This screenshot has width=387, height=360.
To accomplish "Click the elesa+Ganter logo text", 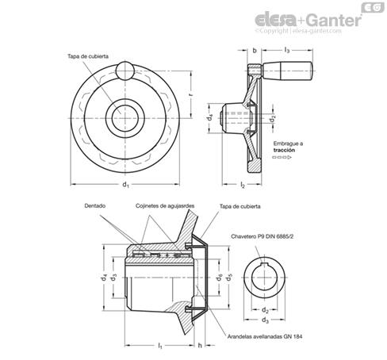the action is [x=308, y=21].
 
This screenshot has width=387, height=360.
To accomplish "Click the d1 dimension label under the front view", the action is [x=125, y=185].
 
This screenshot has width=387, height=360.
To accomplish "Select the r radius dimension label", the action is [x=191, y=94].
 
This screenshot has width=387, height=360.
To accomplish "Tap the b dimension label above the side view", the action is [x=255, y=50].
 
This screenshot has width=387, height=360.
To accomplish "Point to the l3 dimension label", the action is [x=287, y=50].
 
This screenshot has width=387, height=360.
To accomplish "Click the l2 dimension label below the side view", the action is [x=243, y=185].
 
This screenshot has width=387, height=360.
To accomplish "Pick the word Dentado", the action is [x=95, y=205].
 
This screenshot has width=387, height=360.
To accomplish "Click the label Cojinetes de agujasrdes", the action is [x=165, y=206].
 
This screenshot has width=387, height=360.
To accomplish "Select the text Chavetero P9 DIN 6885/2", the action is [x=262, y=236].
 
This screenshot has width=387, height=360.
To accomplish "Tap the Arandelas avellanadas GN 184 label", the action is [x=265, y=336].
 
